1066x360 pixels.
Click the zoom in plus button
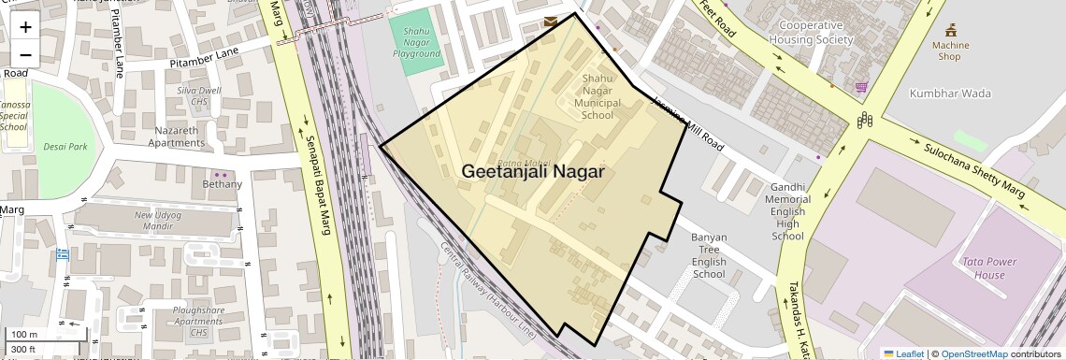25,27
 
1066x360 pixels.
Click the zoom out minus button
25,54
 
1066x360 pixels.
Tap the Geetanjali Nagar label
532,172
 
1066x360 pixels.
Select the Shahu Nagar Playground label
416,42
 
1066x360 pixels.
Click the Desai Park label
65,147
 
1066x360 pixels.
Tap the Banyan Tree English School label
709,255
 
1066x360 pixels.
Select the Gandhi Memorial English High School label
787,211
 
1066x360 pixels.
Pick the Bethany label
222,184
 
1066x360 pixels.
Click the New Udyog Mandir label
156,221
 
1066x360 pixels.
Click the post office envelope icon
551,21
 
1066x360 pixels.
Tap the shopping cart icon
860,87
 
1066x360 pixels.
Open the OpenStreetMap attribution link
973,353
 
